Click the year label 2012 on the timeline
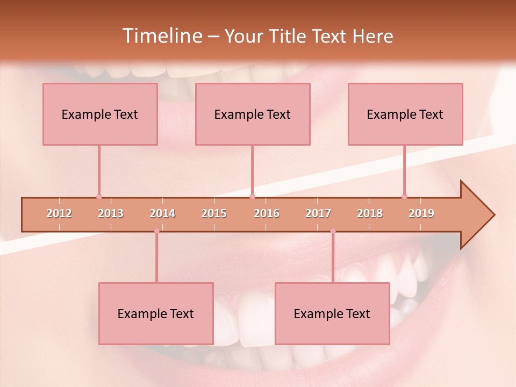[59, 214]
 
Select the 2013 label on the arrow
[111, 214]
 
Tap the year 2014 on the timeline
[162, 214]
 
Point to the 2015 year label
[214, 214]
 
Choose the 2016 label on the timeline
[267, 214]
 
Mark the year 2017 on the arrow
[318, 214]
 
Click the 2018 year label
[370, 214]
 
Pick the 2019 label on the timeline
[421, 214]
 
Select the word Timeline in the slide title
[162, 36]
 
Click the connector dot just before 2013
[99, 197]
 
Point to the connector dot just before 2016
[253, 197]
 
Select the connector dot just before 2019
[404, 197]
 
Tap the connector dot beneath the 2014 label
[156, 231]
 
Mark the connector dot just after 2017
[333, 231]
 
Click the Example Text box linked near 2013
[100, 114]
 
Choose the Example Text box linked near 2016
[253, 114]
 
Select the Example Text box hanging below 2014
[156, 313]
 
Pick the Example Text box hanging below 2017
[332, 313]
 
